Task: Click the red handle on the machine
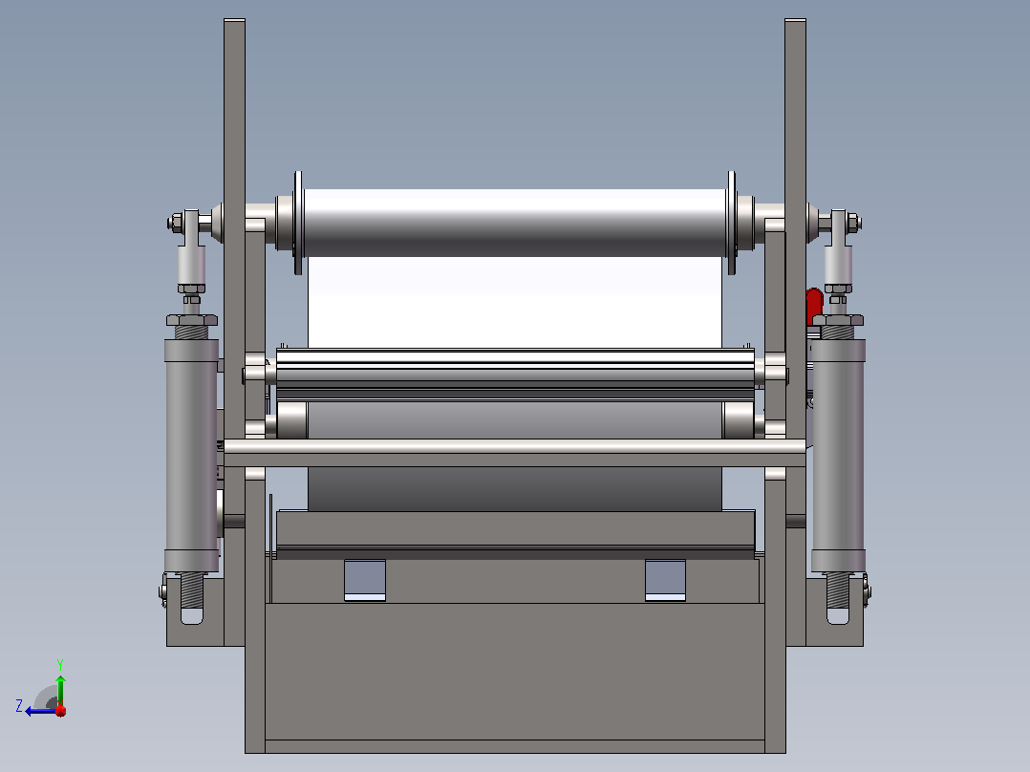point(814,306)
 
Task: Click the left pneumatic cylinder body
point(191,456)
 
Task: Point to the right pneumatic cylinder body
point(838,456)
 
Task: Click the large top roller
point(514,222)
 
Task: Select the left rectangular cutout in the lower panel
point(365,580)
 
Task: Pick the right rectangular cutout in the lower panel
point(665,580)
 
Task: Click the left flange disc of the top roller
point(298,223)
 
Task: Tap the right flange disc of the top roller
point(731,223)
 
